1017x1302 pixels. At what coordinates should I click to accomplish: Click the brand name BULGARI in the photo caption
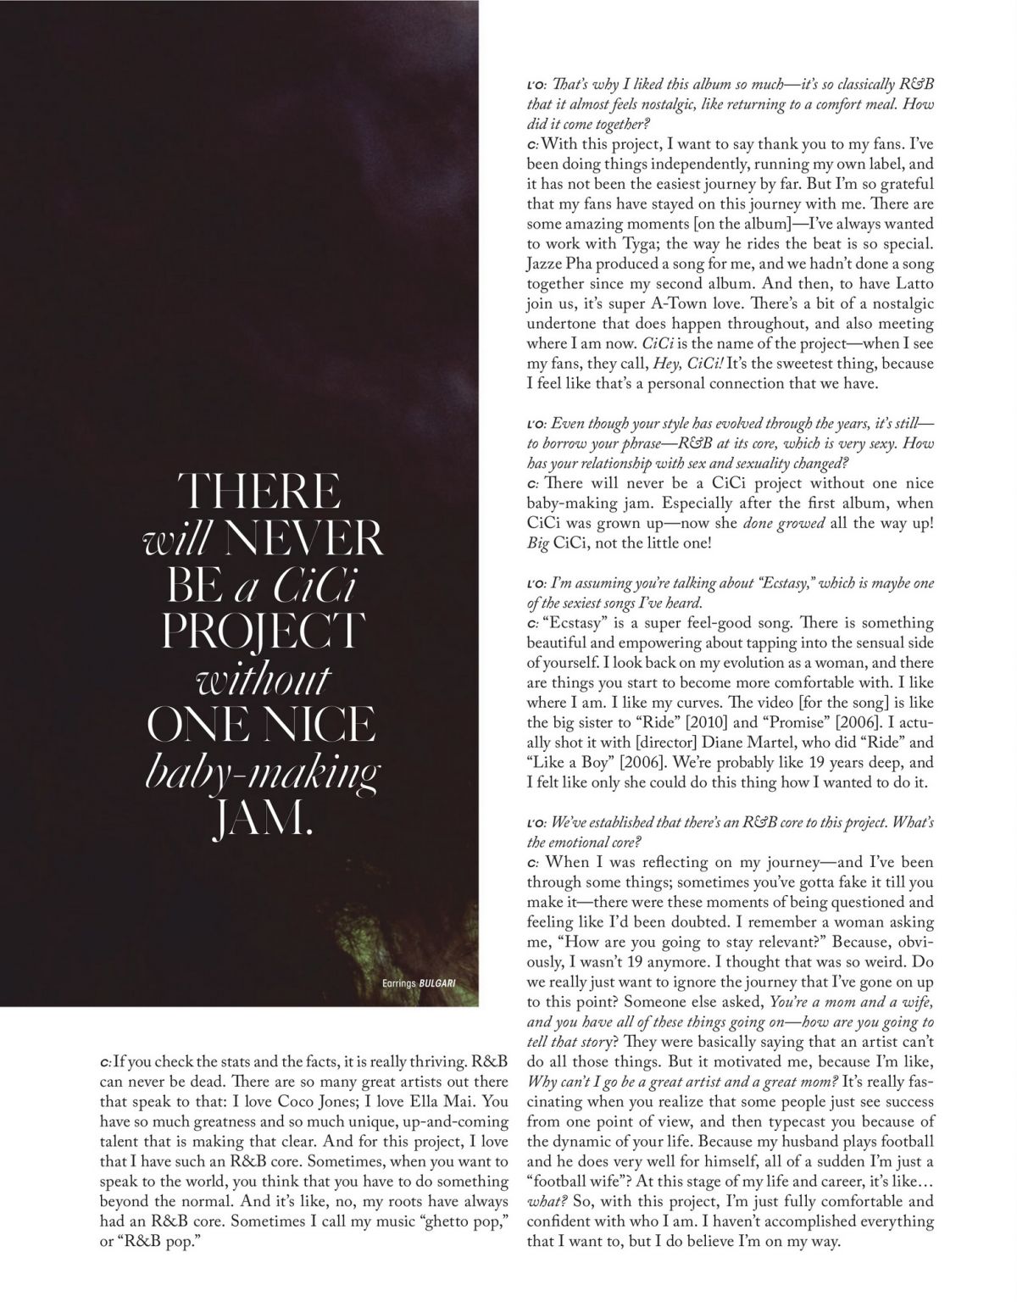coord(436,984)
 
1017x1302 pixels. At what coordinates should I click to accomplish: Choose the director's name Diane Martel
coord(730,743)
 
